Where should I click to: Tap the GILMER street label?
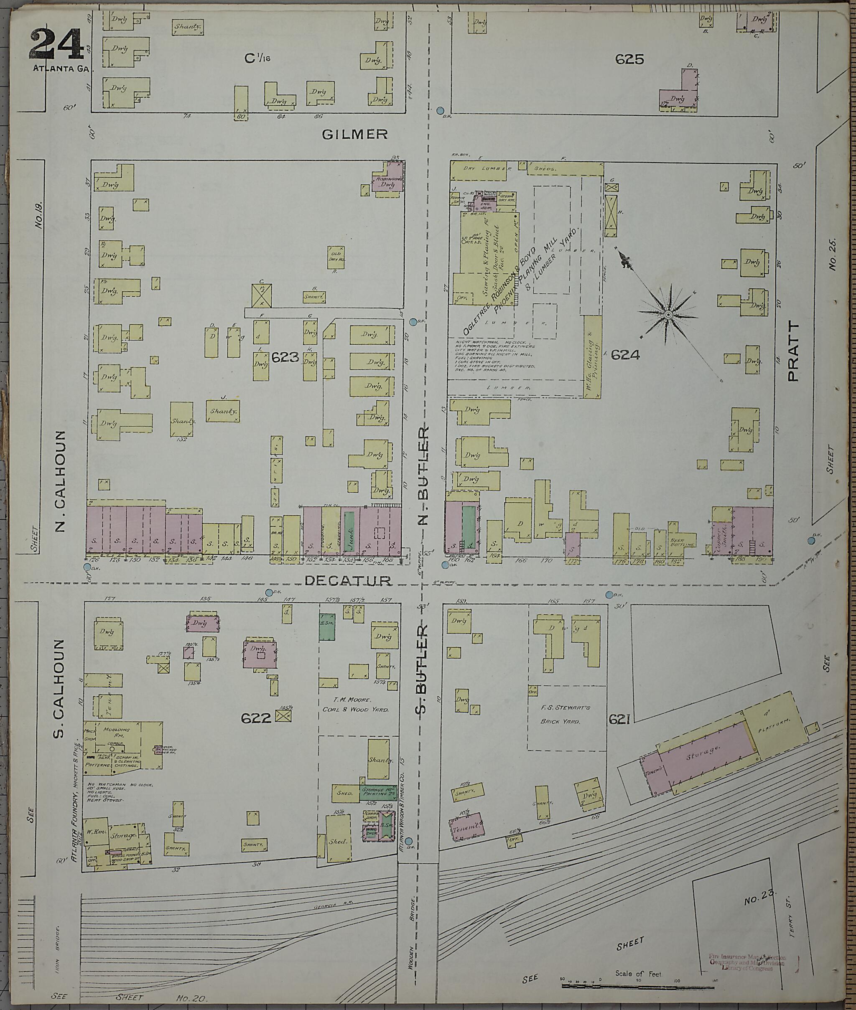tap(355, 135)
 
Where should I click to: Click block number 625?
tap(630, 59)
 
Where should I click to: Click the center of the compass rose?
tap(668, 315)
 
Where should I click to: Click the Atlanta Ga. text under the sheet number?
tap(62, 69)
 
